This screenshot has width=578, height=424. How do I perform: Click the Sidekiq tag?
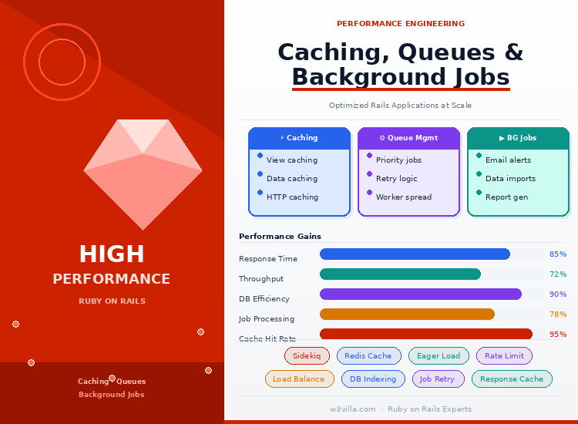coord(307,355)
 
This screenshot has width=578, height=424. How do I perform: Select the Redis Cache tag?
coord(368,355)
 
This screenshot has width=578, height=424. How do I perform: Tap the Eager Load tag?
coord(439,355)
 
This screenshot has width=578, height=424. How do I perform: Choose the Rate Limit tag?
coord(504,355)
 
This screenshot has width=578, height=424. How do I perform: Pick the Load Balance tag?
coord(298,379)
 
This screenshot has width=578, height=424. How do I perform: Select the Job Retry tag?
coord(438,379)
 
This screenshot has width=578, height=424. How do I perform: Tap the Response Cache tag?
coord(512,379)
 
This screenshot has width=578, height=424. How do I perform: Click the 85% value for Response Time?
coord(558,254)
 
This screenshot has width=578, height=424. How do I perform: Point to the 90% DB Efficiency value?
coord(558,294)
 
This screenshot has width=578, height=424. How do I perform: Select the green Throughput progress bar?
coord(400,274)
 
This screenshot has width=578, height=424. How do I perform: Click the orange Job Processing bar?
coord(407,315)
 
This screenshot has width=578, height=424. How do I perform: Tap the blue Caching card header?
coord(299,138)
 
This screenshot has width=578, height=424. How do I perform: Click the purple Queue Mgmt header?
coord(408,138)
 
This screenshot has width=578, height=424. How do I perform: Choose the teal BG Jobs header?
coord(518,138)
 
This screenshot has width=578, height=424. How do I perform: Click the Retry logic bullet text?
coord(396,179)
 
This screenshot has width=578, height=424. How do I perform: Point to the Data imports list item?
coord(510,179)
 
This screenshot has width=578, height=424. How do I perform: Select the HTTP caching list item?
coord(292,197)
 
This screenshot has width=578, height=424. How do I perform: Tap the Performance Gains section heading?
coord(280,237)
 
